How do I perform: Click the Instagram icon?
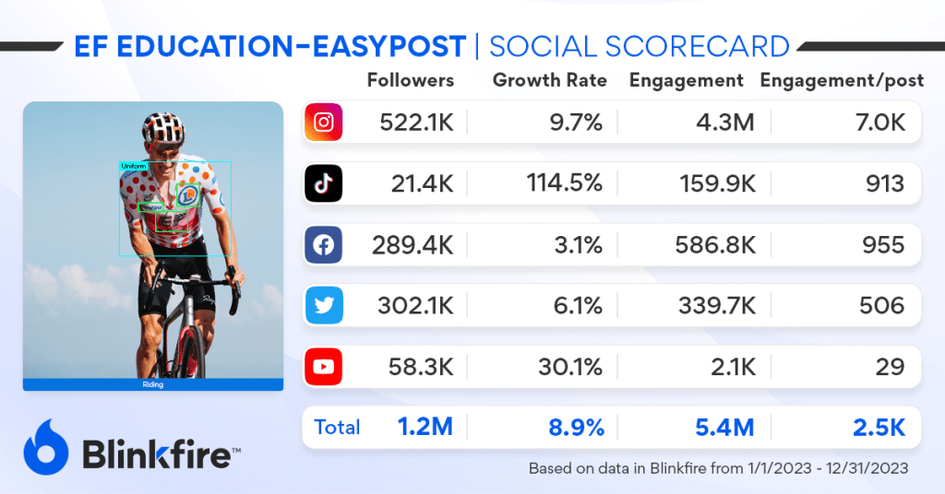point(324,123)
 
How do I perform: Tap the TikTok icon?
point(324,183)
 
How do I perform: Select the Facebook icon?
point(324,245)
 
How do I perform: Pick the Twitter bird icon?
point(324,306)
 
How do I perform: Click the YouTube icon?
point(324,367)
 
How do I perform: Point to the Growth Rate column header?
point(550,80)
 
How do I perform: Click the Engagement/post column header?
point(842,80)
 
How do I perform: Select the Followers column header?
point(411,80)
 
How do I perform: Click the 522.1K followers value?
point(416,123)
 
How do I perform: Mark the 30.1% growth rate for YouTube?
point(570,367)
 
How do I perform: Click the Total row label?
point(337,428)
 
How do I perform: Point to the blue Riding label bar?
point(153,384)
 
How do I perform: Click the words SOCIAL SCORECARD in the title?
point(639,46)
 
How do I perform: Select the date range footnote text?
point(718,468)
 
